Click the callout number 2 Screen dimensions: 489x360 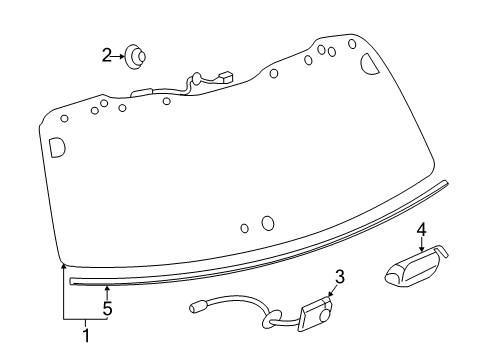point(107,56)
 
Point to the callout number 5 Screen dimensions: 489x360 point(107,309)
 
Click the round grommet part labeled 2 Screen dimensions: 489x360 point(135,58)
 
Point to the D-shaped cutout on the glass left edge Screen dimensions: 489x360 point(56,146)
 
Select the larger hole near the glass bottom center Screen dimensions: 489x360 point(267,223)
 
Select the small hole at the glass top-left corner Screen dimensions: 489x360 point(64,118)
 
